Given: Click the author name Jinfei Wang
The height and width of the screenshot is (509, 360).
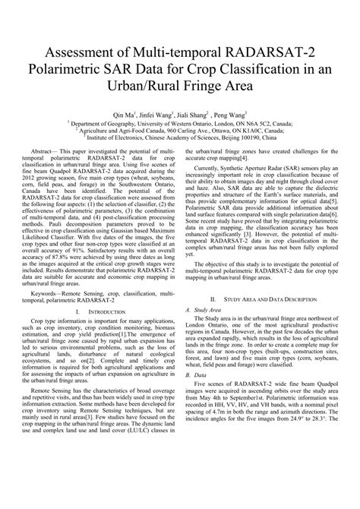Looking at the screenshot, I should click(x=162, y=114).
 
